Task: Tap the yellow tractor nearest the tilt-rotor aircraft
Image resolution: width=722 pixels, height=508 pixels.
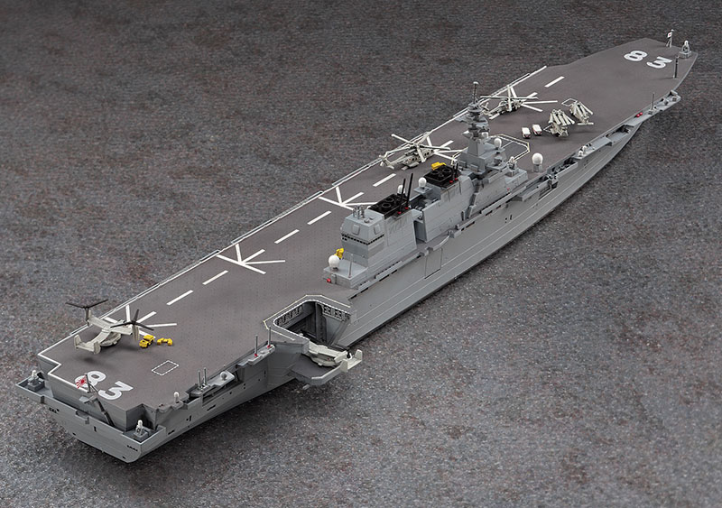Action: [x=147, y=341]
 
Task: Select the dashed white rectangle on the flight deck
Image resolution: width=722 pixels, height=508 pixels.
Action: [x=165, y=367]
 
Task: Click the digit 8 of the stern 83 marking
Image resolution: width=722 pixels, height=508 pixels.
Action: [x=97, y=379]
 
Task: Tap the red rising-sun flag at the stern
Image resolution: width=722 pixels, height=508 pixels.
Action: [x=82, y=382]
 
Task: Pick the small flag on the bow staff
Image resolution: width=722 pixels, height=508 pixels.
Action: [x=671, y=33]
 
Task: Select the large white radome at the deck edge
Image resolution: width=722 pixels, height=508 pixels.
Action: [x=537, y=159]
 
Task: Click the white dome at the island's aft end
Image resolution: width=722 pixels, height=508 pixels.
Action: [x=334, y=261]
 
